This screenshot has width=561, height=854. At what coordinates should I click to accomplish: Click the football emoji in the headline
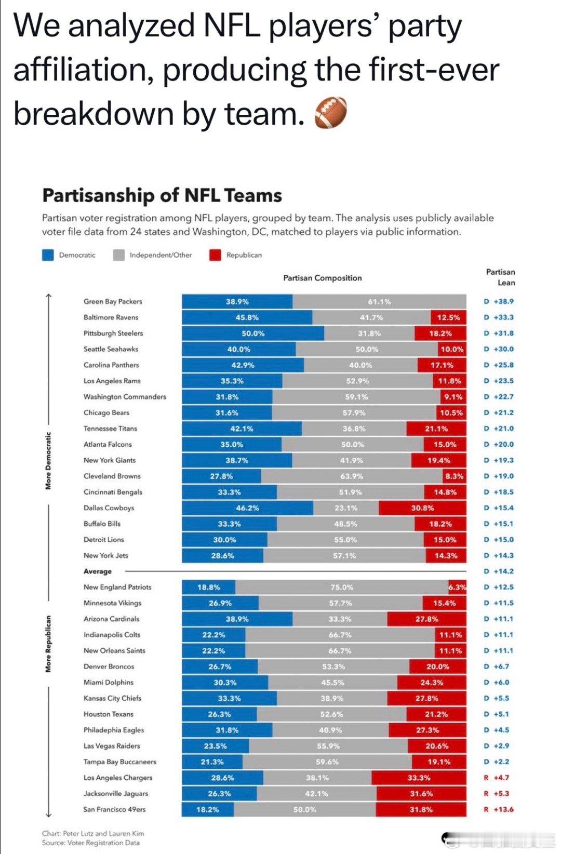pyautogui.click(x=330, y=114)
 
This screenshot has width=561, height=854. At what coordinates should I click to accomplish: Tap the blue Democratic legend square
pyautogui.click(x=48, y=255)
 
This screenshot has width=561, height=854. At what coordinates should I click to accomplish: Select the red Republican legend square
pyautogui.click(x=215, y=255)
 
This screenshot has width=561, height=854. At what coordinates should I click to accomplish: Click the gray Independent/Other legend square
pyautogui.click(x=119, y=255)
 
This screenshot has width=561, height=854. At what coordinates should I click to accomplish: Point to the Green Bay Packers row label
pyautogui.click(x=113, y=301)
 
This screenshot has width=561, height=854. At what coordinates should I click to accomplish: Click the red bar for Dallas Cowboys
pyautogui.click(x=422, y=508)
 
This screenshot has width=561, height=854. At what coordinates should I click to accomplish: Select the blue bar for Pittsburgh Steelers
pyautogui.click(x=253, y=333)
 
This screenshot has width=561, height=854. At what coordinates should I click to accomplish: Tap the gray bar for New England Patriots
pyautogui.click(x=342, y=588)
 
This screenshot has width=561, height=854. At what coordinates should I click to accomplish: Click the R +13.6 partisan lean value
pyautogui.click(x=499, y=809)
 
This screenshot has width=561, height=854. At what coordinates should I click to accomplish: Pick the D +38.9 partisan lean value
pyautogui.click(x=499, y=301)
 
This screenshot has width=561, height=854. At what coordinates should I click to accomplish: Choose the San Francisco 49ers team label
pyautogui.click(x=114, y=809)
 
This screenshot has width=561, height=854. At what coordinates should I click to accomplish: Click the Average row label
pyautogui.click(x=98, y=571)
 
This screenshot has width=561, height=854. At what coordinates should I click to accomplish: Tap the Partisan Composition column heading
pyautogui.click(x=322, y=278)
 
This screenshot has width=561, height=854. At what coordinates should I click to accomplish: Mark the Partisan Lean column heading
pyautogui.click(x=501, y=277)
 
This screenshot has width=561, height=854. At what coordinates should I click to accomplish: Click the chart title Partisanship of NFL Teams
pyautogui.click(x=162, y=195)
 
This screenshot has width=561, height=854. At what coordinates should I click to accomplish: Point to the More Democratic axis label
pyautogui.click(x=48, y=461)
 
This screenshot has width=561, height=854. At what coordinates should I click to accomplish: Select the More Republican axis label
pyautogui.click(x=48, y=644)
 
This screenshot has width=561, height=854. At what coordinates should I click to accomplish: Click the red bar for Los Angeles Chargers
pyautogui.click(x=419, y=778)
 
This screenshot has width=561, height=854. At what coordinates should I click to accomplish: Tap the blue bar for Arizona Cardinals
pyautogui.click(x=237, y=619)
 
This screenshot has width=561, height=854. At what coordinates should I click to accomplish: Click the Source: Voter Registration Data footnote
pyautogui.click(x=91, y=843)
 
